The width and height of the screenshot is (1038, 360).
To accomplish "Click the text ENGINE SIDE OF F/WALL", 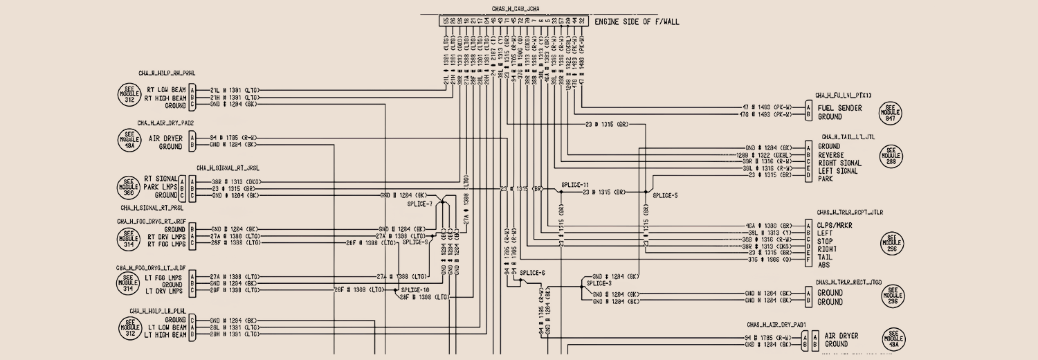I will coord(637,21).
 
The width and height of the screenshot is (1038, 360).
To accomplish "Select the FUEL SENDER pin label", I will coord(839,108).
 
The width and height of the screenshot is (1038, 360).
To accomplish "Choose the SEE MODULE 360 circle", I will coord(129,187).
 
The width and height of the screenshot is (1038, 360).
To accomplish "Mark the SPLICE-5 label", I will coord(664,196).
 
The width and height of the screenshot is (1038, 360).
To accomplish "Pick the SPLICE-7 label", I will coord(420,204).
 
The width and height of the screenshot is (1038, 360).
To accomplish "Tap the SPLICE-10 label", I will coord(416,289).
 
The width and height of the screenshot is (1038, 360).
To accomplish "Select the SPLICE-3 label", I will coord(599,284).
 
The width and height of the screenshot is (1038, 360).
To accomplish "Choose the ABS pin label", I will coord(823,264).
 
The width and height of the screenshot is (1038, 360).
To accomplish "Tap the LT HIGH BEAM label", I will coord(165,335).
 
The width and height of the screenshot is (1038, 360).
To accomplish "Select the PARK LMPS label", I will coord(161,187).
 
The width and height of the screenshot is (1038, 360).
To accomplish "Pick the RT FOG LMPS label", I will coord(166,244).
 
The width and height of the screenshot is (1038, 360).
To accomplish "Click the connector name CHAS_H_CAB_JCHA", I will coord(516,9).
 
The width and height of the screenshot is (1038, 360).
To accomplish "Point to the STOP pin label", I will coord(825,241).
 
